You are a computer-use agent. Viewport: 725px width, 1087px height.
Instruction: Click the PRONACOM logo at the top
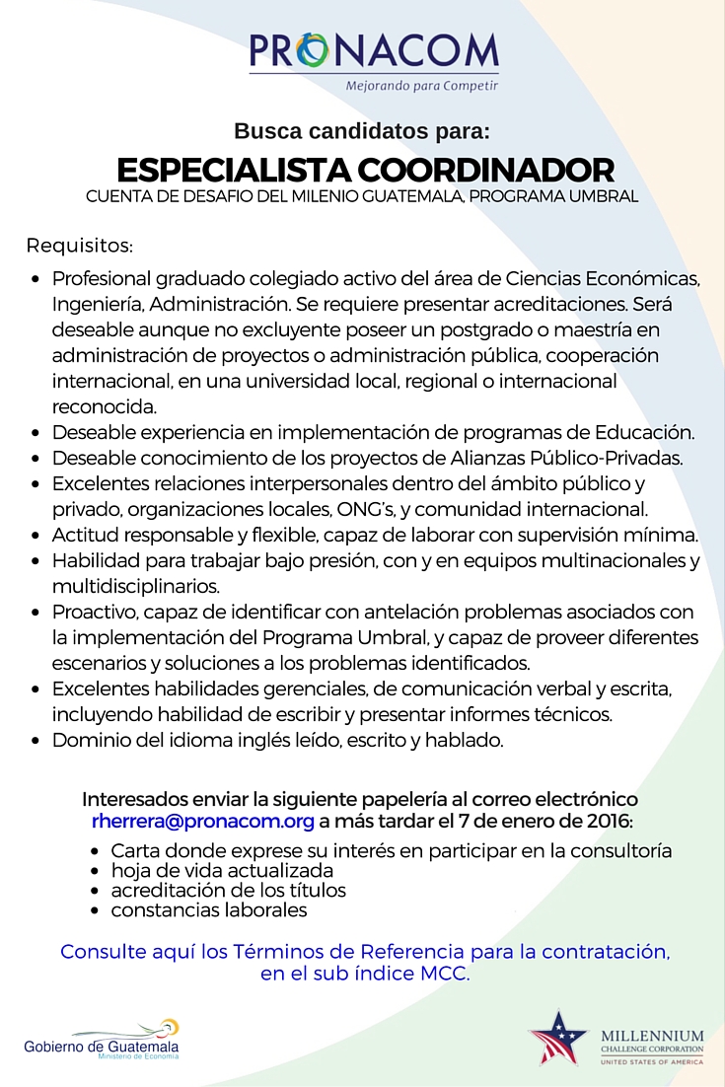point(373,51)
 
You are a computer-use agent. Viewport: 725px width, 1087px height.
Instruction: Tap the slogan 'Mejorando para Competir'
point(421,86)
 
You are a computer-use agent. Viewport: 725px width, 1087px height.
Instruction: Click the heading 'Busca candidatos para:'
point(361,130)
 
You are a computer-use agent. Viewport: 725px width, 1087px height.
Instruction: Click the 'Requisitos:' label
point(79,245)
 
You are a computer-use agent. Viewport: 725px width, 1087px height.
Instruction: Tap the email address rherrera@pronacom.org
point(203,821)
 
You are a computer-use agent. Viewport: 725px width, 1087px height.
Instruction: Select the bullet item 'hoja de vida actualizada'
point(221,870)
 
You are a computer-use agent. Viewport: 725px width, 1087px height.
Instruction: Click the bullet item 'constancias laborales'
point(208,909)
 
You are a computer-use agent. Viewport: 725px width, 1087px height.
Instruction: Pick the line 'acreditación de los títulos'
point(228,890)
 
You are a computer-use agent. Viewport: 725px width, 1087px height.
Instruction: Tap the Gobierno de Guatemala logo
point(103,1042)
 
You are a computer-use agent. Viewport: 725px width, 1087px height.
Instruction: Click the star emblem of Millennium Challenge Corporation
point(557,1038)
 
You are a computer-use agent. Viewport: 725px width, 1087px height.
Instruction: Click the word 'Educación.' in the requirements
point(646,432)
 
